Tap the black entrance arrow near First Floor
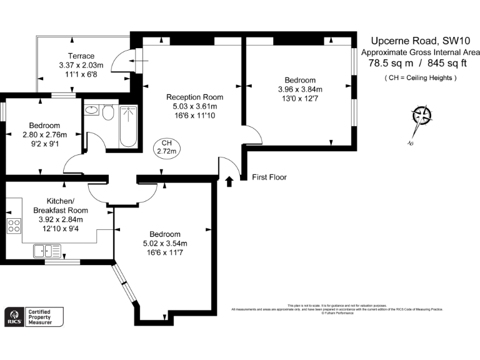point(229,181)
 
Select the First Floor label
point(269,177)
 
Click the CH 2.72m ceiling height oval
point(167,147)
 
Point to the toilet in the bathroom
point(107,114)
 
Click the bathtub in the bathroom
point(128,126)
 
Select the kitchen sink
point(47,251)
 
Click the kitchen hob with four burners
point(14,226)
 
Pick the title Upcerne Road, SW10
point(418,39)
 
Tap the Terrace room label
point(81,56)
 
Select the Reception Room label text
point(194,97)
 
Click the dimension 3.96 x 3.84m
point(300,89)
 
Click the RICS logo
point(12,316)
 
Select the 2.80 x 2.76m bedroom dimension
point(44,134)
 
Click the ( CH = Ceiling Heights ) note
point(420,77)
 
